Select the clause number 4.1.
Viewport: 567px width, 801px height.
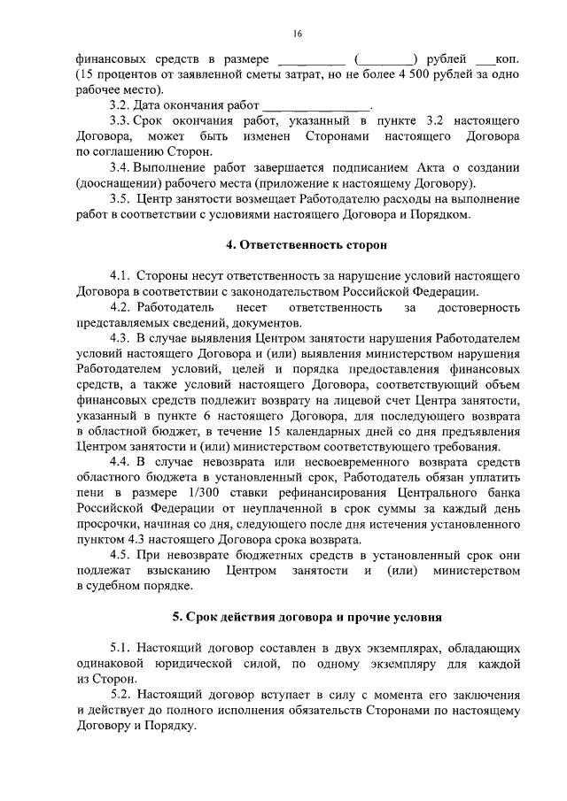pos(121,276)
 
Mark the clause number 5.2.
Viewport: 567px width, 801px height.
pos(121,695)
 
